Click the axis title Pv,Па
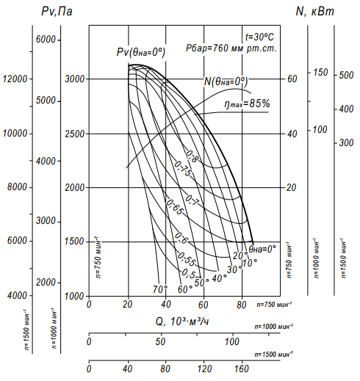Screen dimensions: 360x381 pyautogui.click(x=57, y=11)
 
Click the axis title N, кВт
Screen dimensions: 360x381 pyautogui.click(x=314, y=11)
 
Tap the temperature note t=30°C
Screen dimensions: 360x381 pyautogui.click(x=259, y=37)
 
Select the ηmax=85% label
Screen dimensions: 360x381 pyautogui.click(x=247, y=104)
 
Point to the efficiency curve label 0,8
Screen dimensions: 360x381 pyautogui.click(x=192, y=156)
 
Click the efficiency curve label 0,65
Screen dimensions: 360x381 pyautogui.click(x=175, y=207)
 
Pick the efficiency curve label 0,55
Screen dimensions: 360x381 pyautogui.click(x=187, y=259)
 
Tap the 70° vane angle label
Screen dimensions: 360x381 pyautogui.click(x=160, y=289)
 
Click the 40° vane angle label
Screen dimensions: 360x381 pyautogui.click(x=219, y=278)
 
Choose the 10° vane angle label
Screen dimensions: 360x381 pyautogui.click(x=250, y=263)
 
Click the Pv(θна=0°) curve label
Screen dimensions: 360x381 pyautogui.click(x=141, y=52)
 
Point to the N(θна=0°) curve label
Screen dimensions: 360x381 pyautogui.click(x=226, y=81)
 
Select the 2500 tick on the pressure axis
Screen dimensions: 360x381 pyautogui.click(x=74, y=134)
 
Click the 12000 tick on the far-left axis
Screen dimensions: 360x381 pyautogui.click(x=15, y=79)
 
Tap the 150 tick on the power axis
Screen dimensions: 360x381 pyautogui.click(x=320, y=72)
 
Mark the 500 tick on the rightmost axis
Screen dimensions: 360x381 pyautogui.click(x=346, y=75)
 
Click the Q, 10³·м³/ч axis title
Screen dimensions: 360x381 pyautogui.click(x=182, y=322)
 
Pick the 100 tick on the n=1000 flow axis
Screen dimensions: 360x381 pyautogui.click(x=232, y=341)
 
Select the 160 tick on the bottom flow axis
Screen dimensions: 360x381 pyautogui.click(x=242, y=369)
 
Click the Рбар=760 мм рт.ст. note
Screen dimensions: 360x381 pyautogui.click(x=231, y=48)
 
